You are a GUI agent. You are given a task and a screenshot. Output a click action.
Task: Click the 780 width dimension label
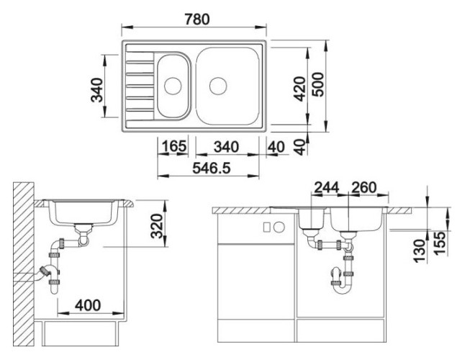pos(197,19)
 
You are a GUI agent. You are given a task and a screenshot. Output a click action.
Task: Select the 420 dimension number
pos(300,89)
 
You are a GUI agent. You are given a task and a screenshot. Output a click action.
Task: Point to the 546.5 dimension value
pos(212,168)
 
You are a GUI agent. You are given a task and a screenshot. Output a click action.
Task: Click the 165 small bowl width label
pos(174,146)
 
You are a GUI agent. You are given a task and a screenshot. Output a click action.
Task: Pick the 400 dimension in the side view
pos(88,305)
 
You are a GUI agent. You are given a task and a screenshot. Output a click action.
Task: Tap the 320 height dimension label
pos(157,226)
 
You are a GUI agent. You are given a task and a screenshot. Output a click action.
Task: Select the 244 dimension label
pos(326,187)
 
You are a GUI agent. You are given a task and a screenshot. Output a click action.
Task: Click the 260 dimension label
pos(364,187)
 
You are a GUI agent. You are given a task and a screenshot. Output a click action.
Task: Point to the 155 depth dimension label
pos(440,243)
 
